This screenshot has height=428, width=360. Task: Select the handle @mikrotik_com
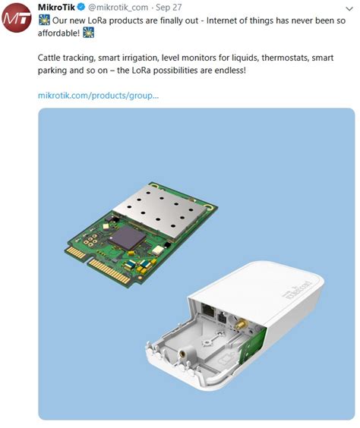coord(122,8)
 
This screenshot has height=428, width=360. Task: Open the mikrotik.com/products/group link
coord(98,95)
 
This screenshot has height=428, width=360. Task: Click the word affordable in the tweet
coord(59,33)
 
